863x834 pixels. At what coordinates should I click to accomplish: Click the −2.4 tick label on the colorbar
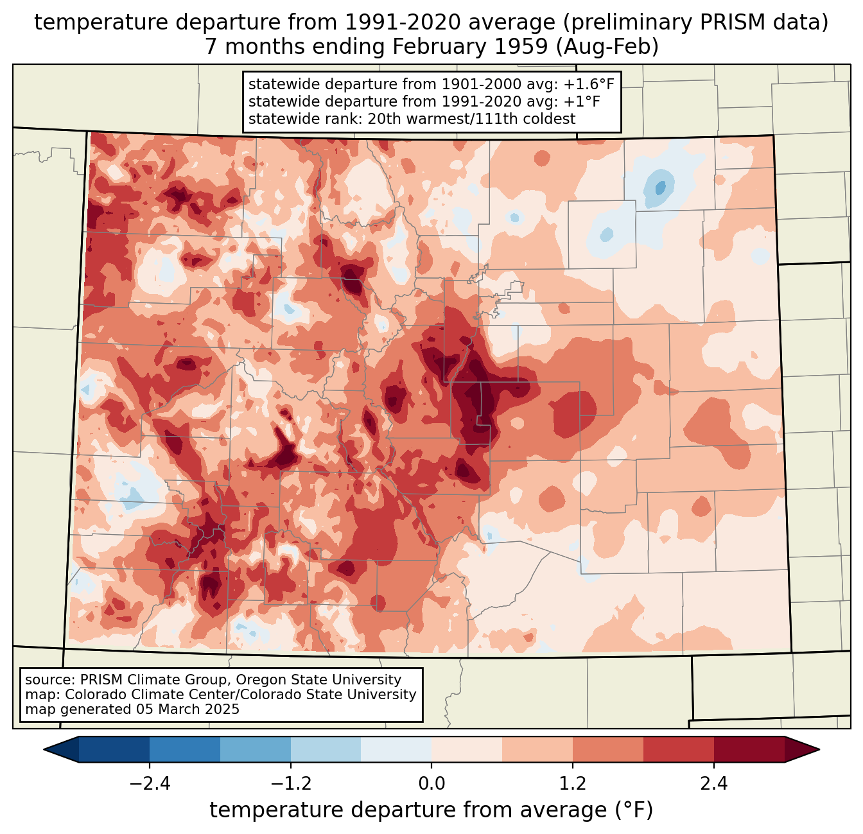coord(150,784)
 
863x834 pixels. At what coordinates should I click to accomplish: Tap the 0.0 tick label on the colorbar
coord(431,784)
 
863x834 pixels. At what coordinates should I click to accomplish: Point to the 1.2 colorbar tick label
coord(573,784)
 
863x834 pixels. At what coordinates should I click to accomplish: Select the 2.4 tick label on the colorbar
coord(713,784)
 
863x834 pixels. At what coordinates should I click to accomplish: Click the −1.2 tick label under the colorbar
coord(291,784)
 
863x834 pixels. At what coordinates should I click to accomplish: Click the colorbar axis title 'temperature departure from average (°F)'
coord(431,810)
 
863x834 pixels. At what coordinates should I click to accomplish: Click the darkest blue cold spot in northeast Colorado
coord(659,187)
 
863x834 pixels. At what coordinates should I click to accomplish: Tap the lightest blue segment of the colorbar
coord(396,749)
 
